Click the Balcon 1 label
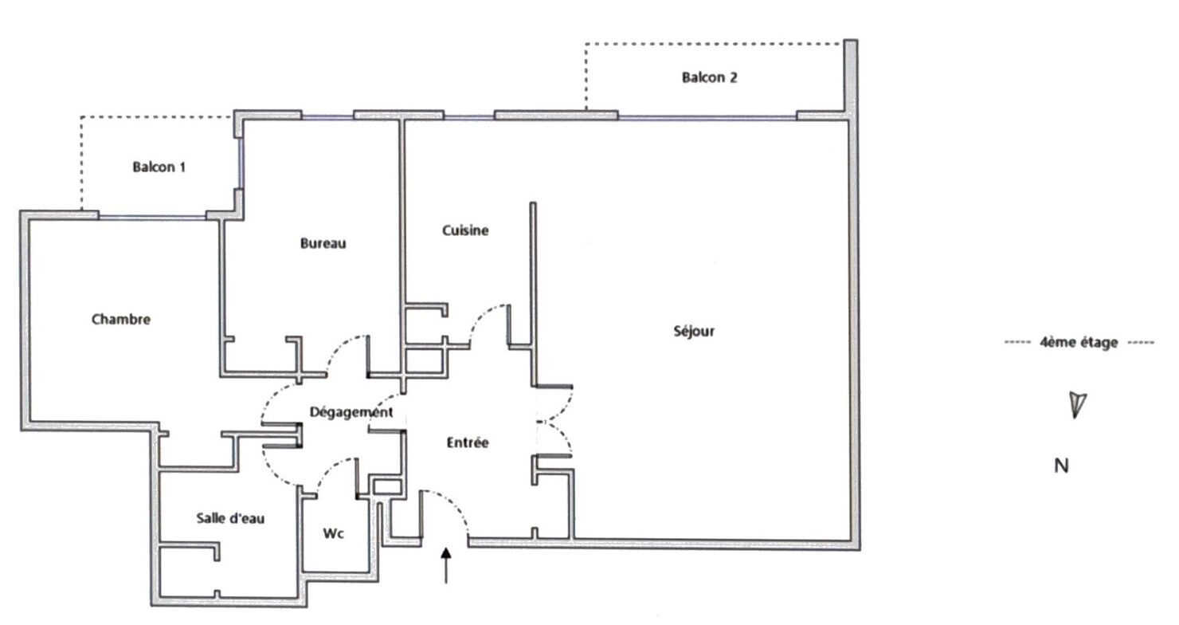tap(159, 167)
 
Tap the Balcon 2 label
tap(709, 77)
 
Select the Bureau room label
tap(323, 243)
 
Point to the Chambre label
tap(121, 319)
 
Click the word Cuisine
tap(465, 230)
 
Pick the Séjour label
tap(694, 331)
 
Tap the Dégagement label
tap(351, 412)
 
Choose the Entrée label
tap(468, 442)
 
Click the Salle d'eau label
tap(230, 518)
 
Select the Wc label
tap(334, 533)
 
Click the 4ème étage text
tap(1079, 342)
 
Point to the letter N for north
tap(1062, 466)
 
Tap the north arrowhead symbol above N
tap(1077, 405)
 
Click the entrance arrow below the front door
tap(446, 565)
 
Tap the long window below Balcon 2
tap(707, 117)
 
